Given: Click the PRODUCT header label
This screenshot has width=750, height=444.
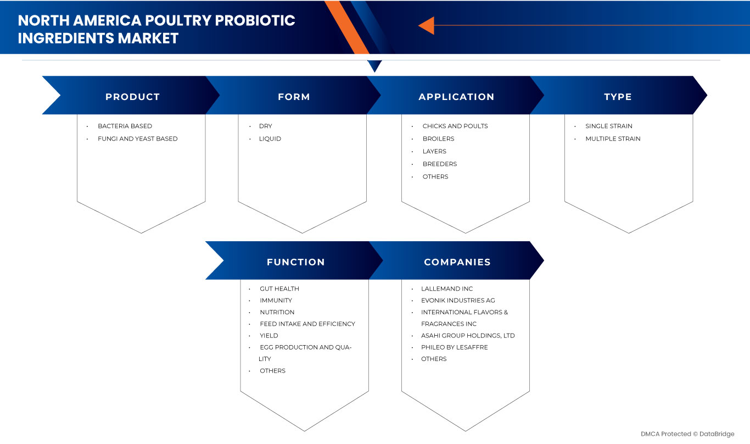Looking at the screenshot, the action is click(132, 97).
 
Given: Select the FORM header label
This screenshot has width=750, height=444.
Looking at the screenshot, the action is click(294, 97).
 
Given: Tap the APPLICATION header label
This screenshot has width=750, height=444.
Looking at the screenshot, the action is click(456, 97).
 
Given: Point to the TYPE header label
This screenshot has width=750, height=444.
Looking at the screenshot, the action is click(618, 97).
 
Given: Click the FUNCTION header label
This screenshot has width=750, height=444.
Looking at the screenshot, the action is click(295, 262).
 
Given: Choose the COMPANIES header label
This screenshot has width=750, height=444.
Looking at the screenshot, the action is click(457, 262).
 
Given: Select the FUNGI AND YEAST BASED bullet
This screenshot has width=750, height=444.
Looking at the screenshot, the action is click(138, 138).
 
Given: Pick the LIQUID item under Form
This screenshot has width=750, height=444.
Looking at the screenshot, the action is click(270, 138).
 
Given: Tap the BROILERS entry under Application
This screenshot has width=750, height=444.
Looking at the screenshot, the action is click(438, 138).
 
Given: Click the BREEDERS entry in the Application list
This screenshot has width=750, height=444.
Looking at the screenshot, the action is click(440, 164).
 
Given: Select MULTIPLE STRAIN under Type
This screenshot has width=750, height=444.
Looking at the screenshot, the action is click(613, 138).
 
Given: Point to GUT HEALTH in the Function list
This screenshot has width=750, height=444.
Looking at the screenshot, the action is click(279, 288).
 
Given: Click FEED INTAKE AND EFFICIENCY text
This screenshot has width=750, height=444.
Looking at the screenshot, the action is click(307, 324).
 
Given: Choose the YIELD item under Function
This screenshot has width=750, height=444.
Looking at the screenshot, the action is click(269, 335).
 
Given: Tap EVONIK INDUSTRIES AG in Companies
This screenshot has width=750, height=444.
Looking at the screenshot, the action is click(458, 300).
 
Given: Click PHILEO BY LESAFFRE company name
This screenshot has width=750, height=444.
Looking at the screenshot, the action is click(455, 347).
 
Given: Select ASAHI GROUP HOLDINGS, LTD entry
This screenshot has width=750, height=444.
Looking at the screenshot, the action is click(468, 335).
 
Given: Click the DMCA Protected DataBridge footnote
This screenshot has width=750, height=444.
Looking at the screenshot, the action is click(687, 434).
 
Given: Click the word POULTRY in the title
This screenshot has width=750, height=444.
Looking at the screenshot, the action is click(178, 20).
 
